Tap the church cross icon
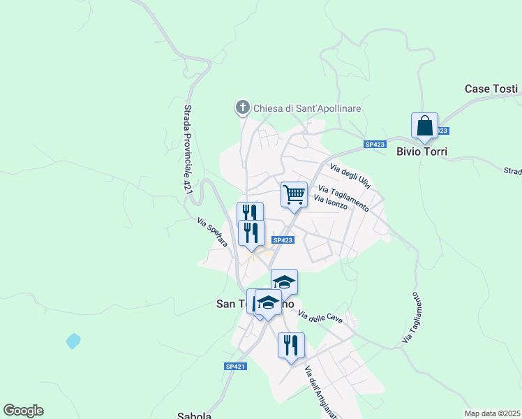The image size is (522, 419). tap(242, 108)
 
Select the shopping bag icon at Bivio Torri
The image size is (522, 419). tap(424, 126)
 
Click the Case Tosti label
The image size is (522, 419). tap(491, 89)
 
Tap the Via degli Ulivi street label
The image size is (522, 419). tap(350, 177)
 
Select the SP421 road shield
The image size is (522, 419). tap(235, 367)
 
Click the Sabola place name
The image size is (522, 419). tap(195, 416)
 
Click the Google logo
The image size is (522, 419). tap(23, 411)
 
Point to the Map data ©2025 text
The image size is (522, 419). tap(492, 413)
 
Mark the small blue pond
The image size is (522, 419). tap(73, 341)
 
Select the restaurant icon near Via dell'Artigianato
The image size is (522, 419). tap(291, 344)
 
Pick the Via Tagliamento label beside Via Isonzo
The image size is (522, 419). tap(343, 198)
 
